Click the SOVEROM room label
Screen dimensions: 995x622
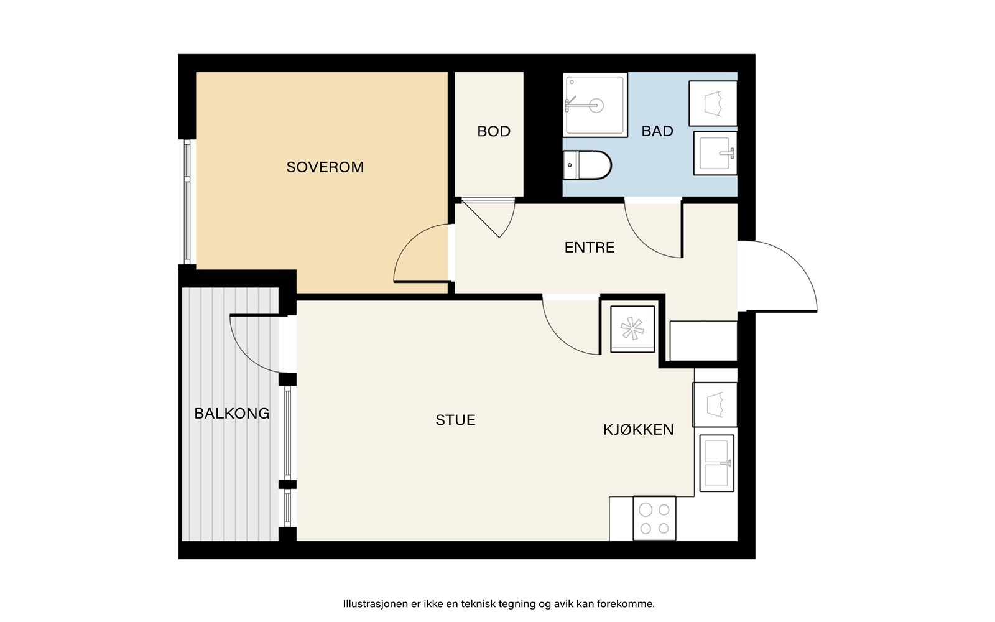(325, 167)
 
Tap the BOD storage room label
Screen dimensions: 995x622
(494, 131)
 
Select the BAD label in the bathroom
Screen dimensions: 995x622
(657, 131)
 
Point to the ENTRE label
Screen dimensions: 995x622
(590, 247)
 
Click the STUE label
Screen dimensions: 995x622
(455, 420)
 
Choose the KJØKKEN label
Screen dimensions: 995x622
(638, 429)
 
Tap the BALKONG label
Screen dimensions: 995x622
(232, 413)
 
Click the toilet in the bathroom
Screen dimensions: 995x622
(587, 165)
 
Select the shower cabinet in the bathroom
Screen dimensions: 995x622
(595, 105)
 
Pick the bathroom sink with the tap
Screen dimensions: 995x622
(715, 153)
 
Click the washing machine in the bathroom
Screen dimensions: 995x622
(713, 103)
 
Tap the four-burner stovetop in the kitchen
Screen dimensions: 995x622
(654, 519)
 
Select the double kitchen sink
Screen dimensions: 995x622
(717, 463)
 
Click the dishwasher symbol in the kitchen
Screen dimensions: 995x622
(715, 405)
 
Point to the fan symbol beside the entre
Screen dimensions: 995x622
(632, 329)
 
